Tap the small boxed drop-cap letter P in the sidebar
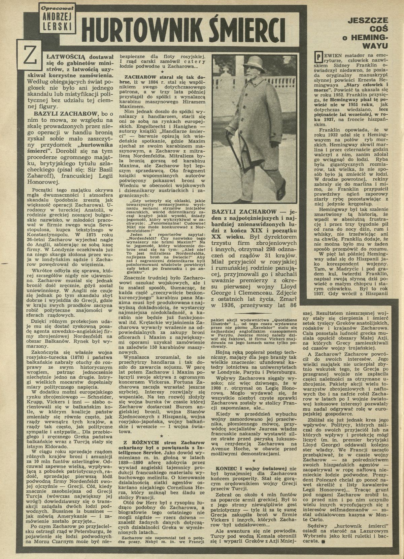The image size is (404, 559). click(x=316, y=55)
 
